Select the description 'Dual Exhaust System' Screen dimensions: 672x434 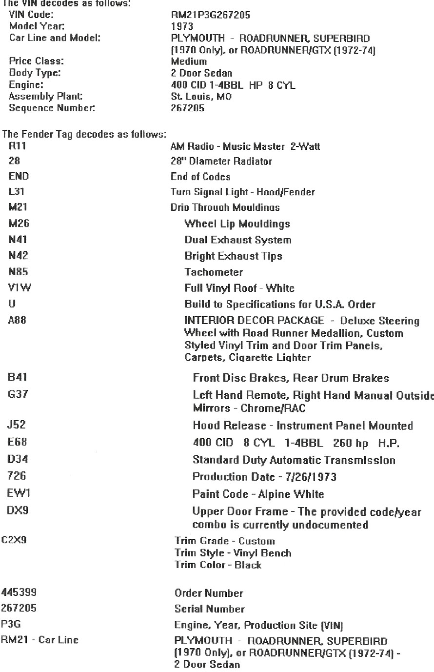click(237, 240)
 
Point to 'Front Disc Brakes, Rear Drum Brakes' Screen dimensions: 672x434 click(291, 378)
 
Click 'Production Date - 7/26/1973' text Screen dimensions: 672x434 click(264, 477)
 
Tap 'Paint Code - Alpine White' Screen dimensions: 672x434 click(258, 494)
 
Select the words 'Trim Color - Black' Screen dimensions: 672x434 click(218, 565)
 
